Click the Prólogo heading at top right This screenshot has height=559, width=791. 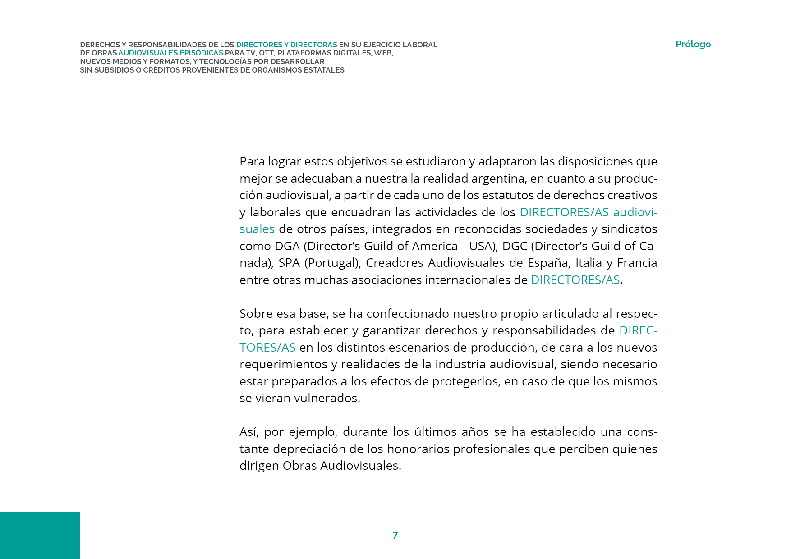point(693,44)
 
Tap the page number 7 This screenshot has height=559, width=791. point(395,535)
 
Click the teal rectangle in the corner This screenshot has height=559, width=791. point(40,535)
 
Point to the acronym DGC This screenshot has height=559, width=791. point(515,246)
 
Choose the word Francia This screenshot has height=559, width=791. point(637,263)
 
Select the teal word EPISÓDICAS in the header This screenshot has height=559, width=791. point(201,53)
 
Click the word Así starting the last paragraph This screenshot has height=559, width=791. point(248,432)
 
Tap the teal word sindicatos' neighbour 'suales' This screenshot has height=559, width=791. point(257,229)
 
